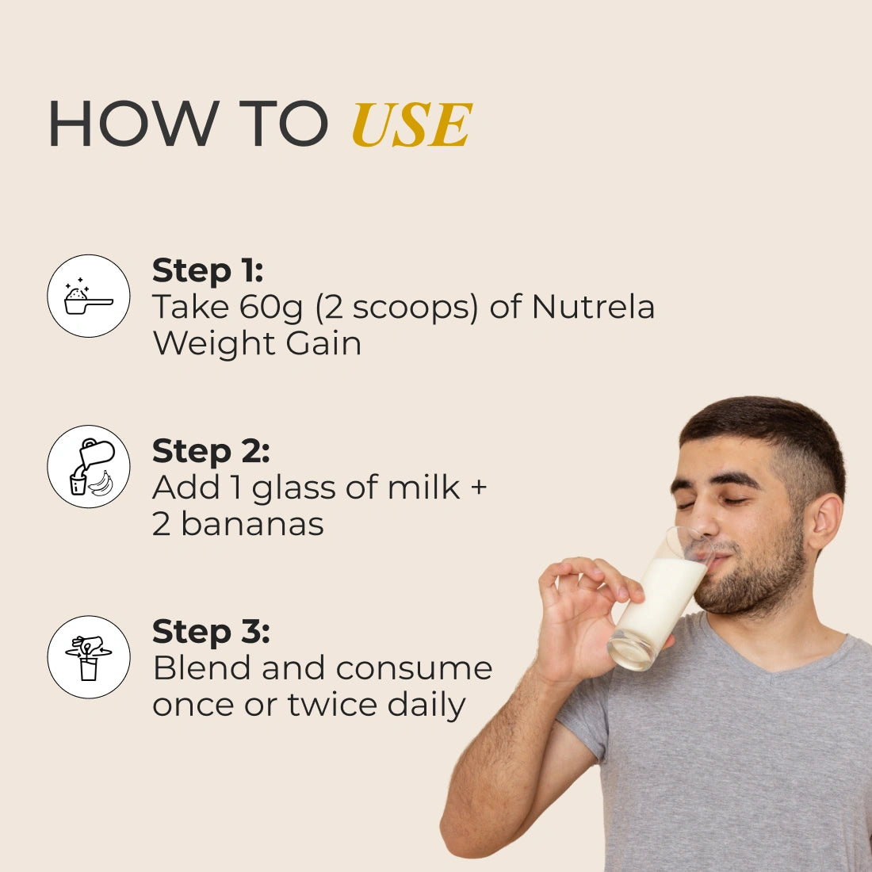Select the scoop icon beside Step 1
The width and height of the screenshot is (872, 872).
[x=89, y=296]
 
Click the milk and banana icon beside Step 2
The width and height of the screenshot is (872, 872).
[x=89, y=467]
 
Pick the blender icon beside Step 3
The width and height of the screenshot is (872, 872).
[x=89, y=657]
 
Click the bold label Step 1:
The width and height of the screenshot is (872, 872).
[x=208, y=272]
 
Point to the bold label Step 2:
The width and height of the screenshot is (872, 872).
[x=211, y=452]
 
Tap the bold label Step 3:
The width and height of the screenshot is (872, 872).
[x=211, y=633]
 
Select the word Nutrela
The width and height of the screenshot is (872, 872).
[x=593, y=307]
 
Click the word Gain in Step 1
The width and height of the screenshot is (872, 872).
[x=323, y=343]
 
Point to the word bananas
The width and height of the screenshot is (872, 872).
[x=252, y=524]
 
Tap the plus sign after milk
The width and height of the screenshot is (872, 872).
[x=478, y=488]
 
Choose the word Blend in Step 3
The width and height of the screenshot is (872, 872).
[x=201, y=668]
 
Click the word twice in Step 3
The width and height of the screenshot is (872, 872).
[x=332, y=705]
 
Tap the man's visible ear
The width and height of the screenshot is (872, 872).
[x=825, y=522]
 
